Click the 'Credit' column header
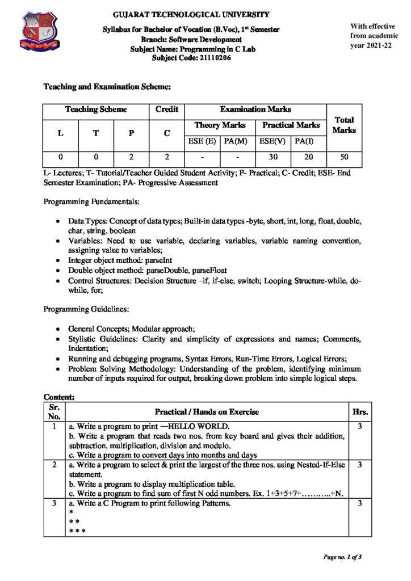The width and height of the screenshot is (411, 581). pyautogui.click(x=166, y=110)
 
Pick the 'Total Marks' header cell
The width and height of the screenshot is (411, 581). pyautogui.click(x=344, y=125)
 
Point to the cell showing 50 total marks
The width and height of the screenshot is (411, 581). pyautogui.click(x=344, y=156)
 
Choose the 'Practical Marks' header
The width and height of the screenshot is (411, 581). pyautogui.click(x=291, y=125)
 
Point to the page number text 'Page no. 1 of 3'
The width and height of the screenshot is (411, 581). pyautogui.click(x=342, y=557)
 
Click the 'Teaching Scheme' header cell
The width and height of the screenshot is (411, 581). pyautogui.click(x=96, y=110)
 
